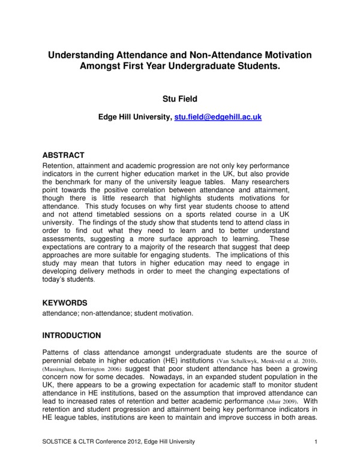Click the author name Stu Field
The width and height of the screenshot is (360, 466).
coord(179,97)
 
